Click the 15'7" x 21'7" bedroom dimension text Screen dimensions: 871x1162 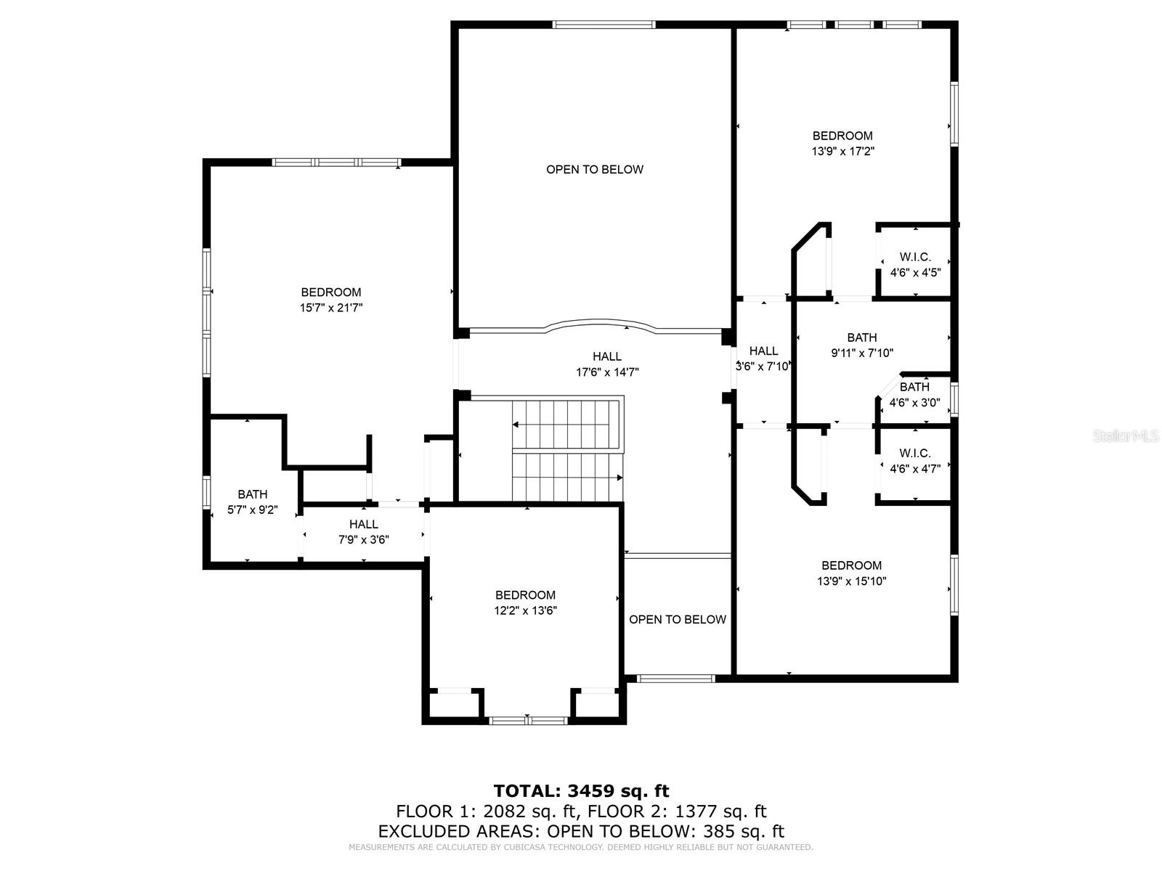point(331,308)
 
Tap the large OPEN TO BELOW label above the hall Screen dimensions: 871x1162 point(595,169)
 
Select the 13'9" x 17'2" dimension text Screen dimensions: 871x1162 point(842,152)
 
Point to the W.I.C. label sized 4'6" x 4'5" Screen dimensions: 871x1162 point(915,257)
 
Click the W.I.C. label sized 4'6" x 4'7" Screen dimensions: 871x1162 point(915,453)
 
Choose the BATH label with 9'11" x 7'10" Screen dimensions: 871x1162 point(862,338)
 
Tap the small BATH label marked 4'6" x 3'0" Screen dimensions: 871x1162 point(914,387)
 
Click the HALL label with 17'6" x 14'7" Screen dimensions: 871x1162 point(607,356)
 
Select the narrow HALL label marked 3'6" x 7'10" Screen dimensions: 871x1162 point(763,351)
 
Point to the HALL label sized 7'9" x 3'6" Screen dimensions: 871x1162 point(363,524)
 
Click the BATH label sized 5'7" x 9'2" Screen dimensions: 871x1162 point(252,494)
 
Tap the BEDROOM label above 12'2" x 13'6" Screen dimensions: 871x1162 point(525,595)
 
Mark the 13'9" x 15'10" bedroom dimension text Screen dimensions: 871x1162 point(851,581)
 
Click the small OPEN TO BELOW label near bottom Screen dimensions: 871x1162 point(677,619)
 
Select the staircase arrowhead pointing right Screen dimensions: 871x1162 point(619,478)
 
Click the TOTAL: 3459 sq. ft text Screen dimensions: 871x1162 point(581,790)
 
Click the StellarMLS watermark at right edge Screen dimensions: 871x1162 point(1126,435)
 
